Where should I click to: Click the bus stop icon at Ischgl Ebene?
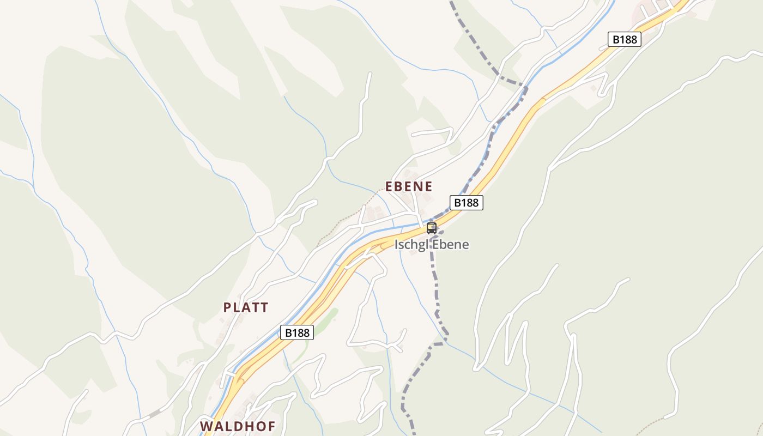tap(432, 228)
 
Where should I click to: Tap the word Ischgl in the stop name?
tap(411, 244)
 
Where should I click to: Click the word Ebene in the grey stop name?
tap(450, 244)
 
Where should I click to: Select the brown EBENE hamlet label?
tap(409, 186)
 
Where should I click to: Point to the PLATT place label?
tap(246, 307)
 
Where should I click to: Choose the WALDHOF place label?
tap(238, 426)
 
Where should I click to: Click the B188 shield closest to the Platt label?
tap(297, 332)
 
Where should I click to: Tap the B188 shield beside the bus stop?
tap(467, 203)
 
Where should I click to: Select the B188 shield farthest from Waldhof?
tap(624, 39)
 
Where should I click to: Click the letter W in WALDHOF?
tap(205, 426)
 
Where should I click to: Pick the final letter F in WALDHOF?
tap(271, 426)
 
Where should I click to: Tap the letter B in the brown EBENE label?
tap(400, 186)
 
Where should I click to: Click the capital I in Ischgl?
tap(397, 244)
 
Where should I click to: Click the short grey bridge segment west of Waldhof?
tap(155, 414)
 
